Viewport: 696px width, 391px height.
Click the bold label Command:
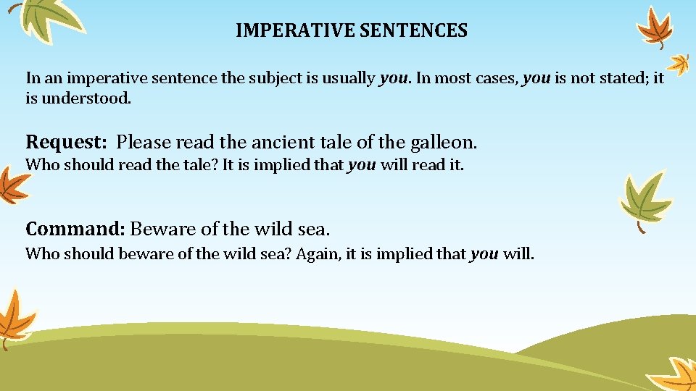(x=75, y=230)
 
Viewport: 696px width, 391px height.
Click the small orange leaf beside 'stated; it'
(x=679, y=64)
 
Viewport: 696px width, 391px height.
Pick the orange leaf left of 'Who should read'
(x=11, y=185)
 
